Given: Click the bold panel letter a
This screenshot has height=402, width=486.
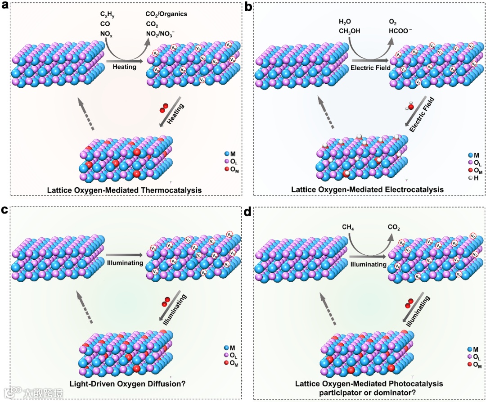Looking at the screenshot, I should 5,6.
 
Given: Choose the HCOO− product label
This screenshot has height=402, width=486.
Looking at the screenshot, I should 400,31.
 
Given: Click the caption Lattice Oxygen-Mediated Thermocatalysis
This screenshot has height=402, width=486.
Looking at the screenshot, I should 124,190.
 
